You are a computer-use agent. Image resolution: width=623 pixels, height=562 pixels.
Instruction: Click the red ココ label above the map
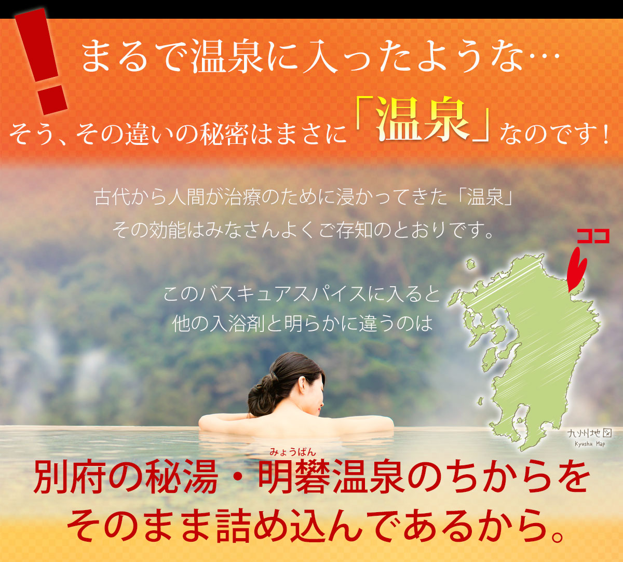(x=593, y=236)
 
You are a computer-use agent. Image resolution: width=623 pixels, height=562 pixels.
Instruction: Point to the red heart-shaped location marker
(x=576, y=269)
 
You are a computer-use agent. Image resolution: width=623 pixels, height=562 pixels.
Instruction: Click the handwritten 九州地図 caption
(x=589, y=433)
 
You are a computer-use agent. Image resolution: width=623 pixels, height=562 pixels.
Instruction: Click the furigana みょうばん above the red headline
(x=293, y=452)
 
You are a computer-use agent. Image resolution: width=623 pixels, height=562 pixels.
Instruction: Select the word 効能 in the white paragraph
(x=167, y=230)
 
